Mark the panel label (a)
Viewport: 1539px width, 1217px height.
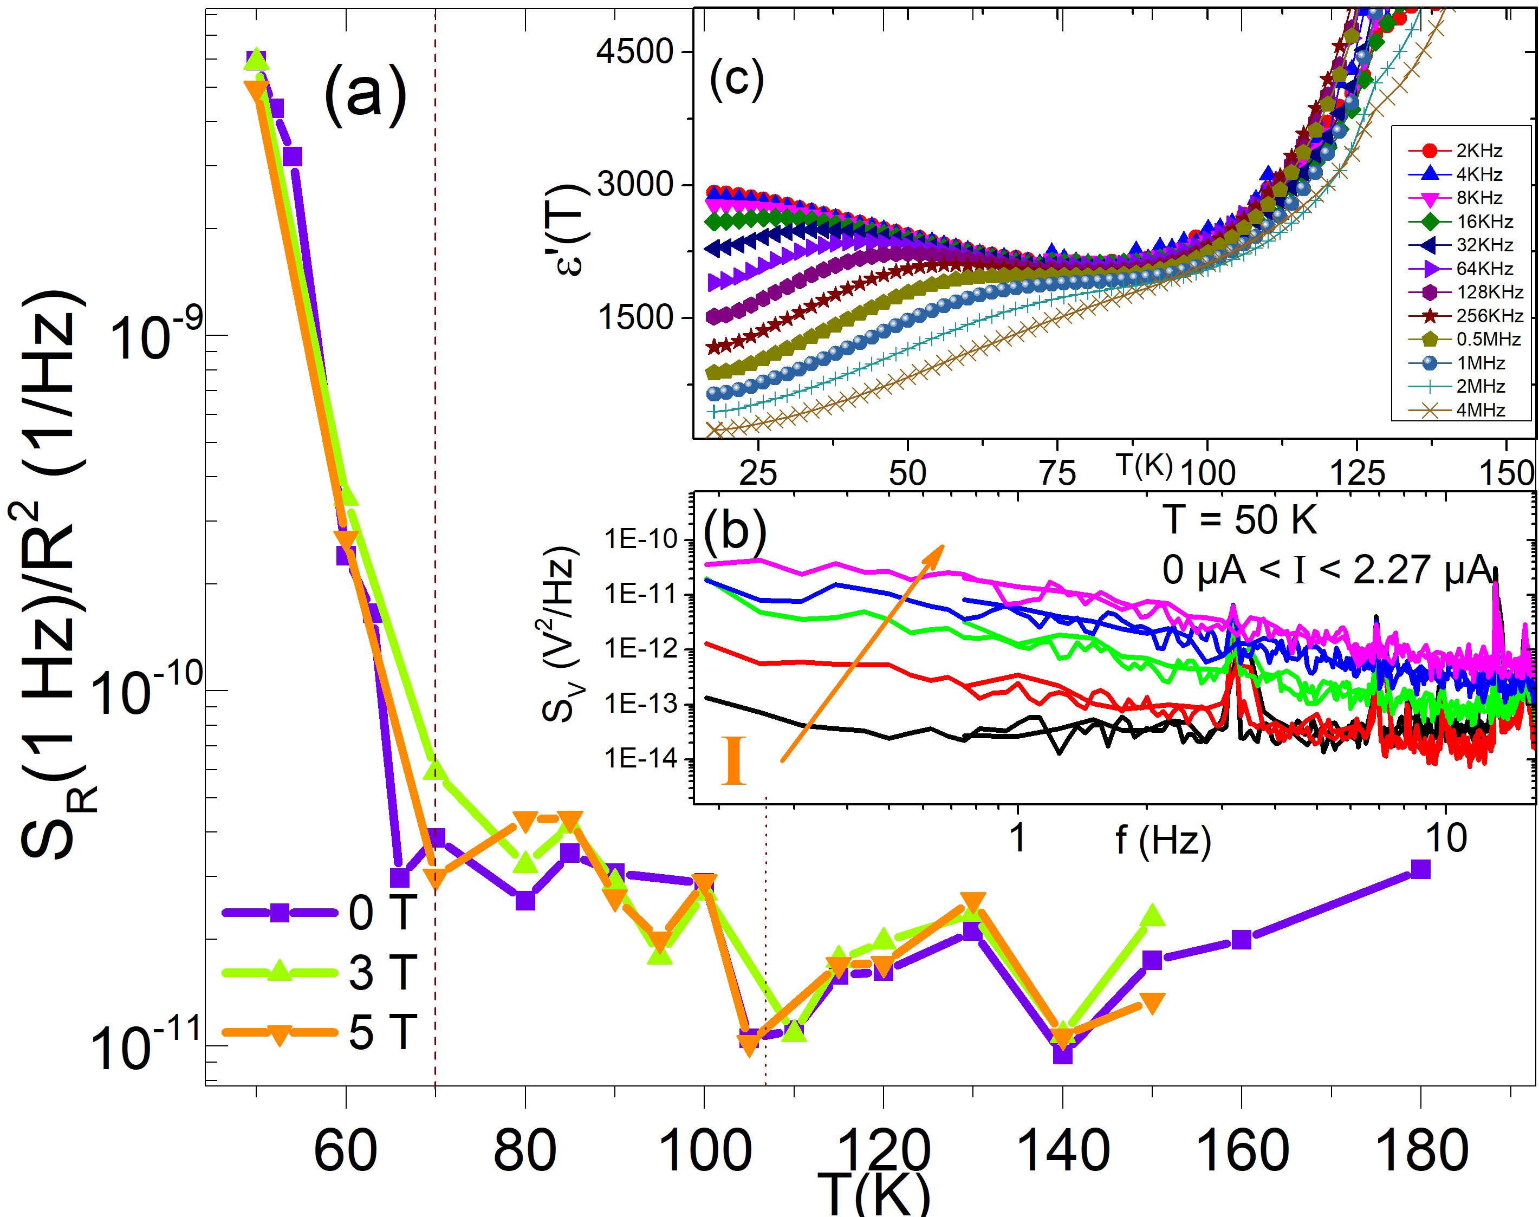(x=365, y=95)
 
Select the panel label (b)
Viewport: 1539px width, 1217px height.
(x=735, y=531)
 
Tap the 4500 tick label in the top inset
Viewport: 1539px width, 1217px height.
(x=635, y=52)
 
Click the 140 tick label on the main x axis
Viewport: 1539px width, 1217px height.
(x=1062, y=1151)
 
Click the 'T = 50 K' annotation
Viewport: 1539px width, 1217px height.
(x=1240, y=519)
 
